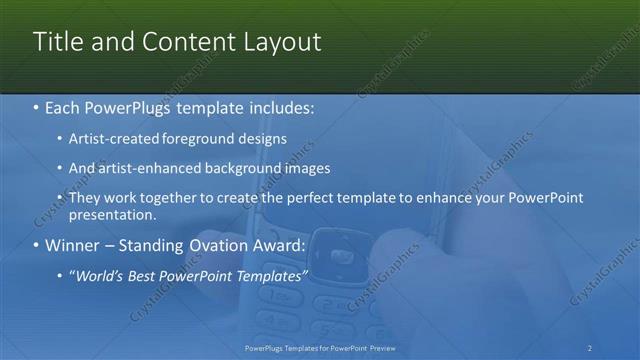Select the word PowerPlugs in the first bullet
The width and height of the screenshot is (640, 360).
coord(134,107)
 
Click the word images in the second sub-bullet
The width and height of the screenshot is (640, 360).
coord(302,168)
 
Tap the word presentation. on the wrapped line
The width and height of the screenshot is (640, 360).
coord(113,214)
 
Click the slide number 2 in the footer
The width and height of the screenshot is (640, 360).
coord(590,347)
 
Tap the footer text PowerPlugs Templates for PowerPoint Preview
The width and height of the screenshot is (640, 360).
coord(320,347)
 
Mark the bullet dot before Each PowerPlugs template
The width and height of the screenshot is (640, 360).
coord(37,107)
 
